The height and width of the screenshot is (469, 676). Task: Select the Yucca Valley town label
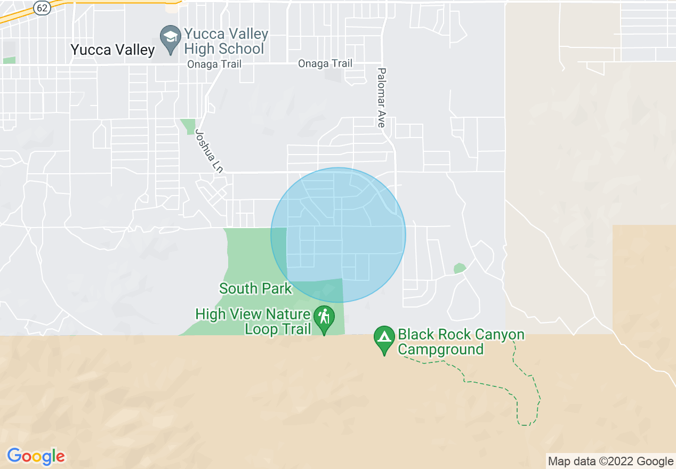tap(113, 50)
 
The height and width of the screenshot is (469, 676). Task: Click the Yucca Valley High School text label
tap(226, 41)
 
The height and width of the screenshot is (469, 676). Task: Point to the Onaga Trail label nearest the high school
tap(214, 64)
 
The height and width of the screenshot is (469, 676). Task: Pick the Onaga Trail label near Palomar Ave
tap(325, 63)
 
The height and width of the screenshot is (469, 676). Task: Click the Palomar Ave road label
tap(381, 98)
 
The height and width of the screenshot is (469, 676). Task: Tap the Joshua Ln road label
tap(208, 151)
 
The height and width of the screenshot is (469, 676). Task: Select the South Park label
tap(255, 289)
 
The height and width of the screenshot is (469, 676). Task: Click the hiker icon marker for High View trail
tap(324, 318)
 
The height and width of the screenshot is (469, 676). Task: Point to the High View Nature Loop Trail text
tap(253, 321)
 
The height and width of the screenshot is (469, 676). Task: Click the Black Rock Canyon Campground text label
tap(461, 342)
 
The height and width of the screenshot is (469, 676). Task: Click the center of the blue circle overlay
tap(338, 235)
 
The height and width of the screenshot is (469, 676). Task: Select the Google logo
tap(36, 457)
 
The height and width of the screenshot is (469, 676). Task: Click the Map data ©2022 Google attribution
tap(611, 461)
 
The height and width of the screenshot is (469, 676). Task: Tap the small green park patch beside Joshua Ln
tap(188, 126)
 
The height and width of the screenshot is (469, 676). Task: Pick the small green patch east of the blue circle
tap(460, 268)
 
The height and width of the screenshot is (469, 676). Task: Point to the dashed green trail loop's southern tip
tap(525, 425)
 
